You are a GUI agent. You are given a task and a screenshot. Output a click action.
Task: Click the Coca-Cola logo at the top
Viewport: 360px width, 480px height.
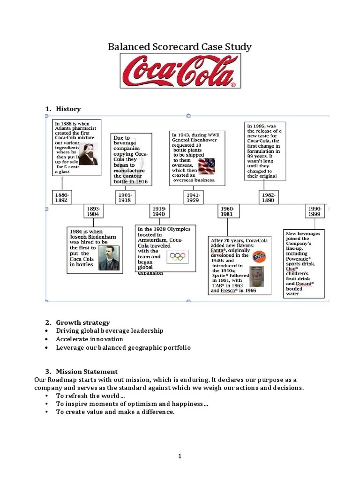pyautogui.click(x=180, y=71)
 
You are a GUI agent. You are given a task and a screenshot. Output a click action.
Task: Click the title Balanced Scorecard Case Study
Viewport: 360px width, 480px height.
pyautogui.click(x=180, y=47)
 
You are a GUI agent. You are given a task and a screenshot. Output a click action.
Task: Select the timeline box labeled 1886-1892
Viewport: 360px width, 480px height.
pyautogui.click(x=62, y=197)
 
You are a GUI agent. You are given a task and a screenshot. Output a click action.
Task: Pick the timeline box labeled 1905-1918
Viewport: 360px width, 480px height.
pyautogui.click(x=125, y=197)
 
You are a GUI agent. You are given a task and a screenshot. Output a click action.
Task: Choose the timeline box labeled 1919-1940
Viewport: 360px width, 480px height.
pyautogui.click(x=158, y=211)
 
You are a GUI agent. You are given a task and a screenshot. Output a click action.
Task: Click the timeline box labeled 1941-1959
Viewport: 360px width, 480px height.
pyautogui.click(x=193, y=197)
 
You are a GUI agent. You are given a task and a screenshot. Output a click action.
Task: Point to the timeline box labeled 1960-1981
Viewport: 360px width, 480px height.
pyautogui.click(x=228, y=211)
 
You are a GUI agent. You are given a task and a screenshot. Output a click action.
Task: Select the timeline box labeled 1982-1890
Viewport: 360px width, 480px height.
pyautogui.click(x=269, y=197)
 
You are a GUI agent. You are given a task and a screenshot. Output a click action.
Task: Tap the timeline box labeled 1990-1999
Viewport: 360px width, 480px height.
pyautogui.click(x=314, y=211)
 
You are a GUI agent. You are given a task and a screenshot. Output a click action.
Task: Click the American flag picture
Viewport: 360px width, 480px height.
pyautogui.click(x=206, y=166)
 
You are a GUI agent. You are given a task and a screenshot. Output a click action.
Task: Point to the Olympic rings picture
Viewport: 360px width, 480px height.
pyautogui.click(x=178, y=256)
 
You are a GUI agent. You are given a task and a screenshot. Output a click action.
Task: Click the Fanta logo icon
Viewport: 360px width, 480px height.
pyautogui.click(x=259, y=257)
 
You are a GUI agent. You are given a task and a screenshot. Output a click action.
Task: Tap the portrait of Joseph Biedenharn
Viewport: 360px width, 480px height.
pyautogui.click(x=109, y=258)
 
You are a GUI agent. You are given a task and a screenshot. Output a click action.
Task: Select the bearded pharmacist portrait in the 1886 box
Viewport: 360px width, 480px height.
pyautogui.click(x=87, y=153)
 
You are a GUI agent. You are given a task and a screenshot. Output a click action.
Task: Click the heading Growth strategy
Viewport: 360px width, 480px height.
pyautogui.click(x=83, y=322)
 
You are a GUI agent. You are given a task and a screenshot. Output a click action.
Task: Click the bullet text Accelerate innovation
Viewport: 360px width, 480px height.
pyautogui.click(x=90, y=339)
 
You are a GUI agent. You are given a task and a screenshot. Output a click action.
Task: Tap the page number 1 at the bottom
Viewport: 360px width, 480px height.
pyautogui.click(x=180, y=457)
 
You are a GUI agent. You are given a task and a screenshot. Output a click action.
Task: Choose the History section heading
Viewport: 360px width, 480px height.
pyautogui.click(x=68, y=109)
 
